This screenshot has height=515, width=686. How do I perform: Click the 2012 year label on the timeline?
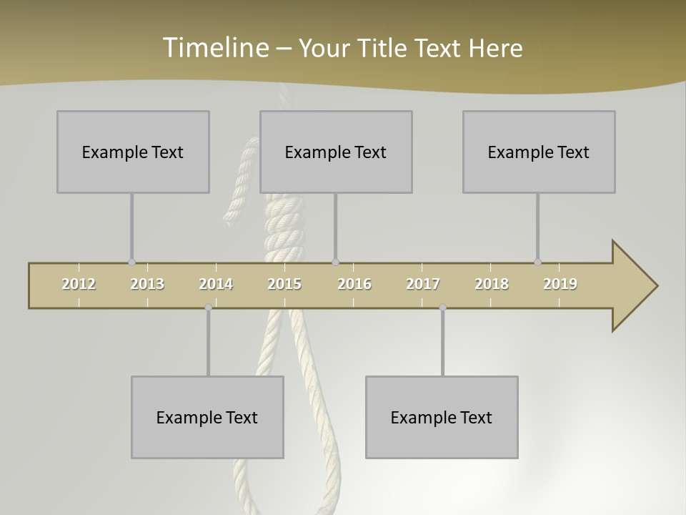(x=79, y=284)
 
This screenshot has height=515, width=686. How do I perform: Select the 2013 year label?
(x=147, y=284)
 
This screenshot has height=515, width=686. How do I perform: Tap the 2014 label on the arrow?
(x=216, y=284)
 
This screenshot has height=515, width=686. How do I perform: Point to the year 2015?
(x=284, y=284)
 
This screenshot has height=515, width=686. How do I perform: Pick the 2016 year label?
(x=354, y=284)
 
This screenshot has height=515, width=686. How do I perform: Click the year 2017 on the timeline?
(x=423, y=284)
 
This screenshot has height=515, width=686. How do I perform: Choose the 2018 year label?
(x=492, y=284)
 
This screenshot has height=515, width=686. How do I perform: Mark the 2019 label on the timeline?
(x=560, y=284)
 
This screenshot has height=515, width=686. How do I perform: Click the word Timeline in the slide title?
(x=214, y=47)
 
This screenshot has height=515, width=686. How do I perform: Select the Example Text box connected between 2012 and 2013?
(x=133, y=152)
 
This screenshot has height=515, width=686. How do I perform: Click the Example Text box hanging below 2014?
(x=207, y=417)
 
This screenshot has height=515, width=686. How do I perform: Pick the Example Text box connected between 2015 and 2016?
(x=336, y=152)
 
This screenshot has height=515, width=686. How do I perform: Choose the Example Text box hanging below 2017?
(x=442, y=417)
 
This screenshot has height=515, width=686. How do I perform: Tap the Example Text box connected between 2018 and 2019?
(x=539, y=152)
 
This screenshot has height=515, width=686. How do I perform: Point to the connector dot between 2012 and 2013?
(x=131, y=263)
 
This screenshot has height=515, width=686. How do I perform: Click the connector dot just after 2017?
(x=442, y=308)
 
